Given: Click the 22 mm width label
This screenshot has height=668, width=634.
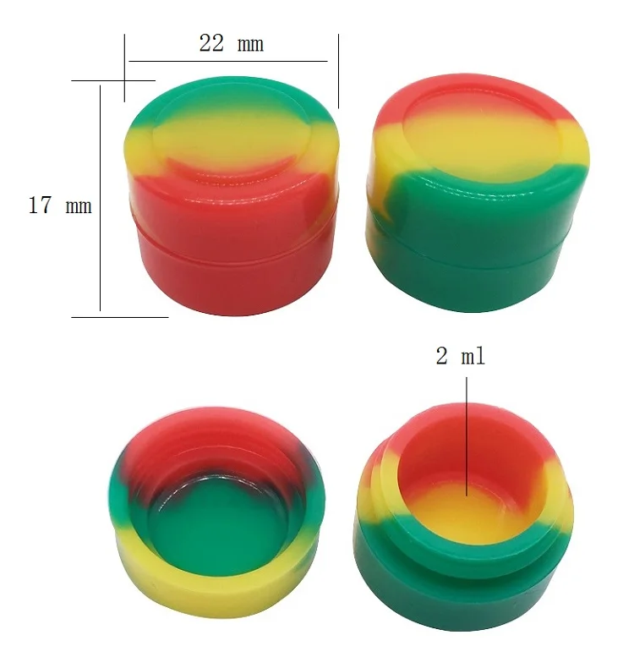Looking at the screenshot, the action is (232, 43).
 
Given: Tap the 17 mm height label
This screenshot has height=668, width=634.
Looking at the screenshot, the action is (60, 205).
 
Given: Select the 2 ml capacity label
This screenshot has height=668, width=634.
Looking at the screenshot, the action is (461, 356).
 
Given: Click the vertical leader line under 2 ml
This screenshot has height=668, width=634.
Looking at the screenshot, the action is (467, 436).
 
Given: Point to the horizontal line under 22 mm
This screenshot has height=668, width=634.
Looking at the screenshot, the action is (227, 62).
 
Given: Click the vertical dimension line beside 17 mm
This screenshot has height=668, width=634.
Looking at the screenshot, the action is (100, 198).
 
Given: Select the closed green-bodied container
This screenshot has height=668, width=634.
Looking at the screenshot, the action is (478, 193).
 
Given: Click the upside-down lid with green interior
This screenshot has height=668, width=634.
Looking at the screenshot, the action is (216, 512).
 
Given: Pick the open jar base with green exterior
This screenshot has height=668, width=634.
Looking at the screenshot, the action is (463, 517).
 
